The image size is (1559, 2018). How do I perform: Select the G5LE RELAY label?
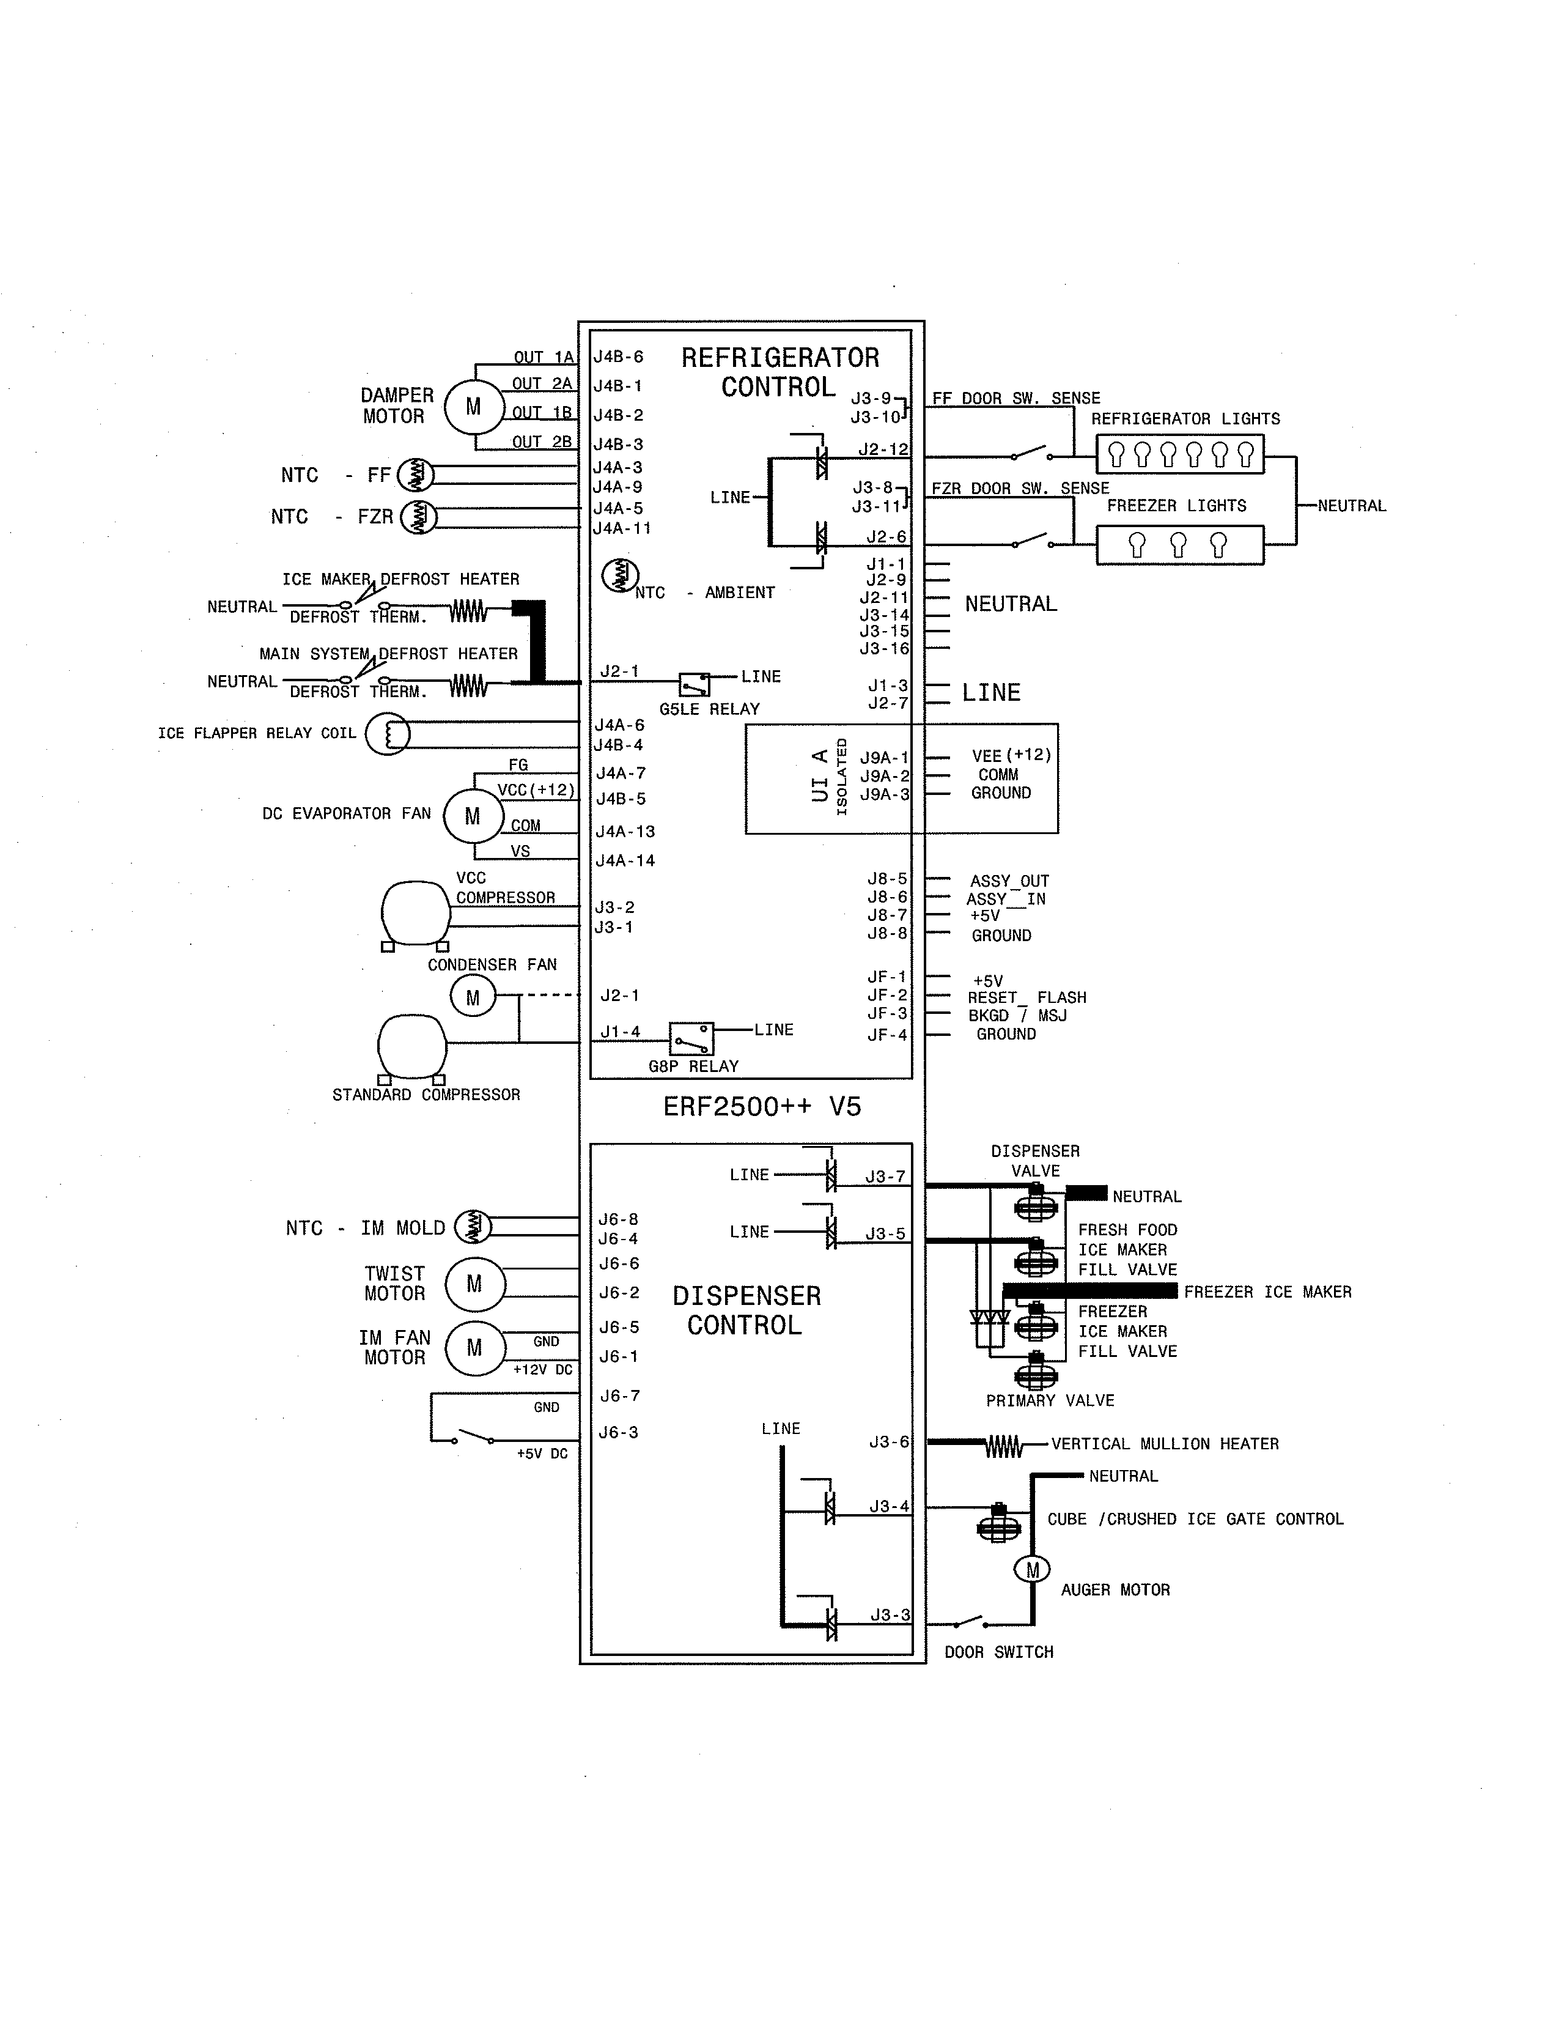(709, 709)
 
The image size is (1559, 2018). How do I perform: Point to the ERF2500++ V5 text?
(762, 1107)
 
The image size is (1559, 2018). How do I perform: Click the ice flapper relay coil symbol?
(388, 734)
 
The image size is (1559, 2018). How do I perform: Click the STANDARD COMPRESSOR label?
(426, 1095)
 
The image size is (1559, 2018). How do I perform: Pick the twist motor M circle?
(474, 1284)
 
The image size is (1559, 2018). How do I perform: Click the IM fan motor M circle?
(474, 1348)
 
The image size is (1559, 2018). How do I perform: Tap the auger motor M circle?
(1033, 1570)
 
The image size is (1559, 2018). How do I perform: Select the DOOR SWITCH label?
(998, 1652)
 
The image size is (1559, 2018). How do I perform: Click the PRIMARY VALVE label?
(1050, 1401)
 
